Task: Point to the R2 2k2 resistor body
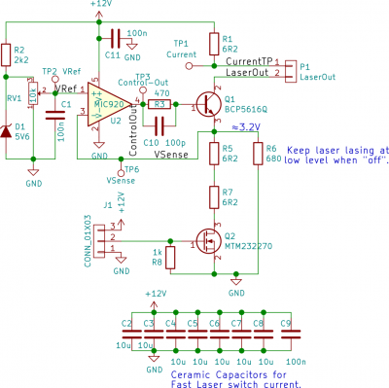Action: pos(8,55)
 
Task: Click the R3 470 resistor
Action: pos(162,103)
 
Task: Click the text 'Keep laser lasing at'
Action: pos(336,152)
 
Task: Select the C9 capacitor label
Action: pos(285,323)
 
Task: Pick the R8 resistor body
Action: pos(171,257)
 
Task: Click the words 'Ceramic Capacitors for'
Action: pos(226,373)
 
